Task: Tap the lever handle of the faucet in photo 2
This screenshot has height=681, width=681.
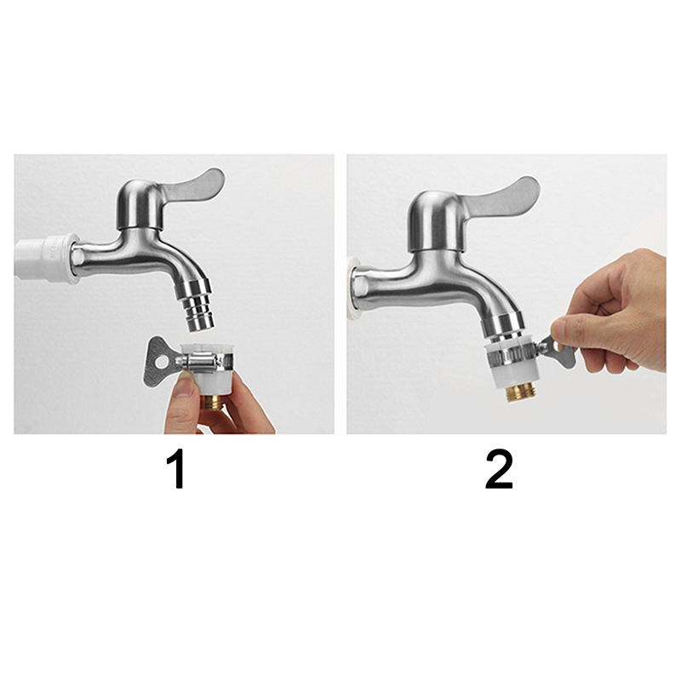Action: coord(504,197)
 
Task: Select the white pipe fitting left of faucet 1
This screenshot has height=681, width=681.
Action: coord(47,259)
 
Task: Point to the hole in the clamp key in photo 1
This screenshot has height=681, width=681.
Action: coord(161,363)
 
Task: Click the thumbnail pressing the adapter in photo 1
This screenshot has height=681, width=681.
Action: coord(186,386)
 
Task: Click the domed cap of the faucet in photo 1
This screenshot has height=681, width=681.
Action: coord(139,203)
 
